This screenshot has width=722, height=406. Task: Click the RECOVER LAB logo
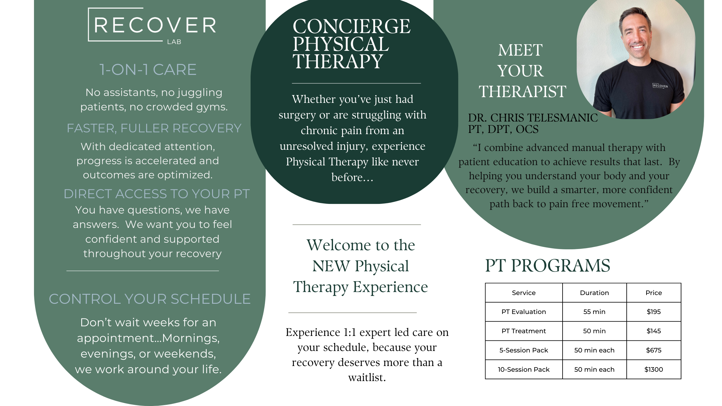click(152, 26)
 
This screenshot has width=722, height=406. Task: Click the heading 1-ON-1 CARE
click(148, 70)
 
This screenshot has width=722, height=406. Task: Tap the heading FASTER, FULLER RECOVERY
click(154, 128)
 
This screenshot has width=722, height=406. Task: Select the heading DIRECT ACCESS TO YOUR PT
click(157, 194)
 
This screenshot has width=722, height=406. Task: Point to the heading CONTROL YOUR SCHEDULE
click(150, 299)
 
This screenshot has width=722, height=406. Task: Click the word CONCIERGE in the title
click(351, 26)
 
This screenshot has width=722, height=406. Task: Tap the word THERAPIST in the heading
click(523, 91)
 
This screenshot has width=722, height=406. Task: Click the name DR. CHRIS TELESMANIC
click(533, 118)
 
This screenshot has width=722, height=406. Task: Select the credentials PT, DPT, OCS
click(503, 129)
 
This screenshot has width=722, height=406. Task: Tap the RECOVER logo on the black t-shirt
click(660, 86)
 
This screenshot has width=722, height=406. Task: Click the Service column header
click(524, 293)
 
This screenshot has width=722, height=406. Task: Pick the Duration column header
click(594, 293)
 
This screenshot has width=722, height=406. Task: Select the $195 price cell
click(654, 312)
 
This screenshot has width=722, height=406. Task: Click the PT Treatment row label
click(524, 331)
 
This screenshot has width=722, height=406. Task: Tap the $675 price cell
click(654, 350)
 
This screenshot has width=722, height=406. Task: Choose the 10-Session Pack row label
click(524, 370)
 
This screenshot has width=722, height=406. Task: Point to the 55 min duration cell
click(594, 312)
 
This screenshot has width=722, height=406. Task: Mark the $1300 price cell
click(654, 370)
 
